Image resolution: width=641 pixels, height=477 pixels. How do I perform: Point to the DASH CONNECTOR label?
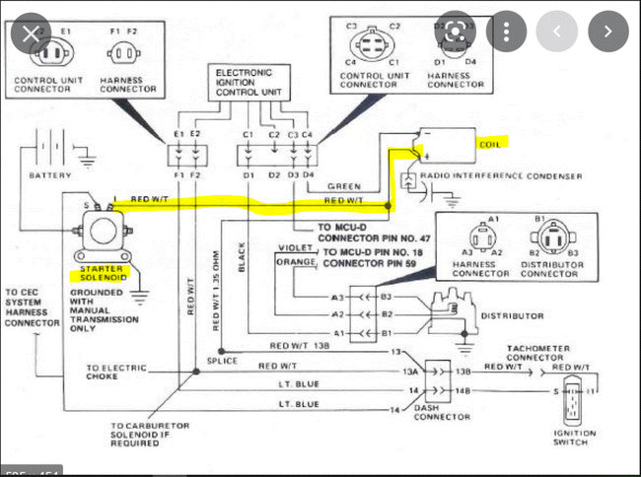pos(442,411)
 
